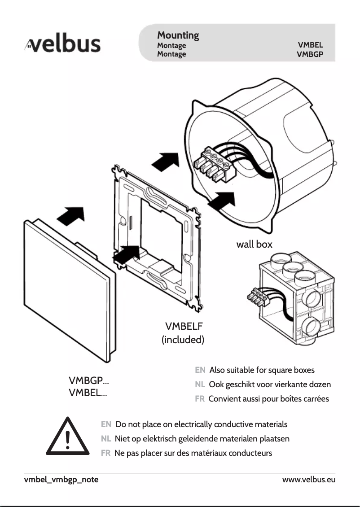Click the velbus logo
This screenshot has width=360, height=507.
(x=62, y=45)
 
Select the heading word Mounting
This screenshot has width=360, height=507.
(x=178, y=35)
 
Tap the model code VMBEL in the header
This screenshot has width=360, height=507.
(x=310, y=45)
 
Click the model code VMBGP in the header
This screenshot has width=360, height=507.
(x=310, y=54)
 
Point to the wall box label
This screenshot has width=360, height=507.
(x=254, y=245)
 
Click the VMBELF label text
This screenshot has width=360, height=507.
(x=184, y=326)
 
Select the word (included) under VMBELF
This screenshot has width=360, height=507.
(x=183, y=340)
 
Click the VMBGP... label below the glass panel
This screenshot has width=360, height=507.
(x=88, y=381)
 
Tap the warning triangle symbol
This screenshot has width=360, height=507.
(x=67, y=437)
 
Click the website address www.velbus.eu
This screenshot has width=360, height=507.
(x=308, y=480)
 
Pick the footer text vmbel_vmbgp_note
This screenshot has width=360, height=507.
(x=61, y=480)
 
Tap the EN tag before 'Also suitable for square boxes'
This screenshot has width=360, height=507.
(x=200, y=370)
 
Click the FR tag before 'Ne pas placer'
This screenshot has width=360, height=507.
(x=105, y=453)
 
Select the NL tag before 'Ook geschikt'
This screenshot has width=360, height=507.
(x=200, y=385)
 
